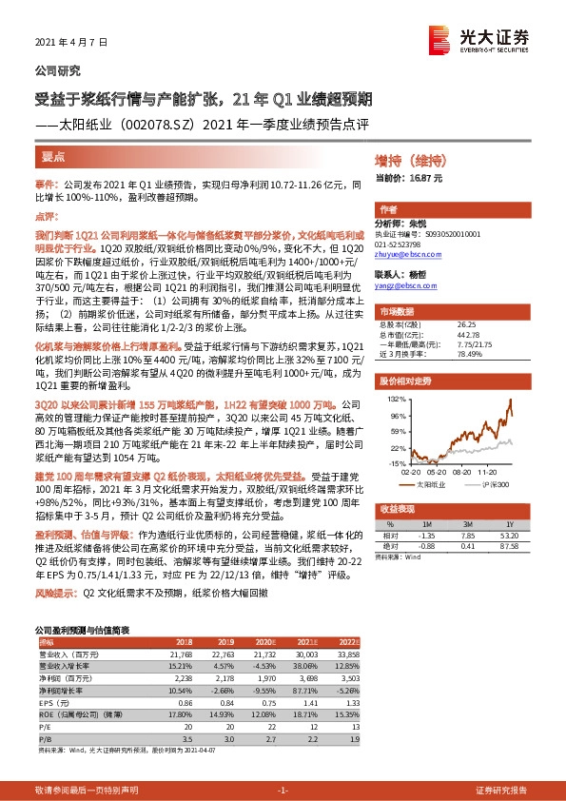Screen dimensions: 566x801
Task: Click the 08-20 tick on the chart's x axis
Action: (465, 470)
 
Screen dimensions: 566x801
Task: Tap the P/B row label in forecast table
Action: (43, 713)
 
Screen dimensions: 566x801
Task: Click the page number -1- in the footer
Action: (282, 791)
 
